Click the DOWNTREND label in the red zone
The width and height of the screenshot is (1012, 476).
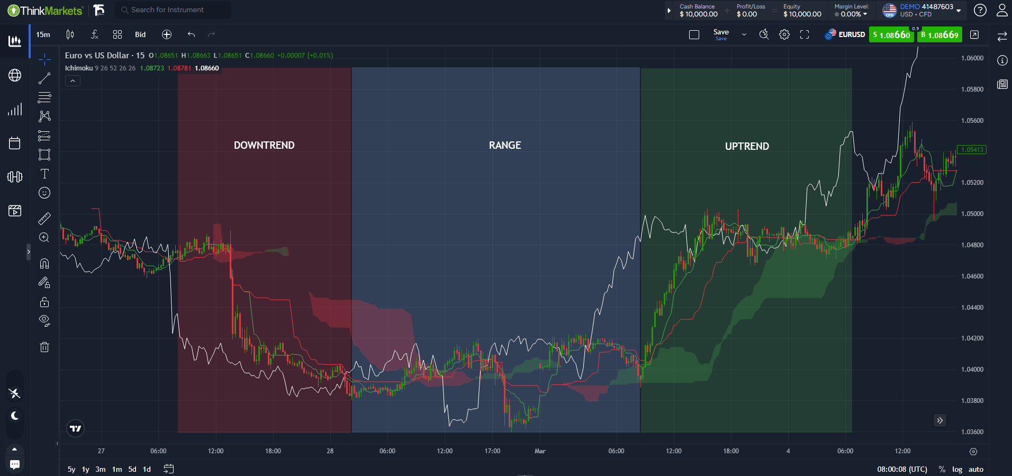(x=264, y=145)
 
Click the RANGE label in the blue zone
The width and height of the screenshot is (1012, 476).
(x=505, y=145)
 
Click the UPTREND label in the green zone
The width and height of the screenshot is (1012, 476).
(x=747, y=146)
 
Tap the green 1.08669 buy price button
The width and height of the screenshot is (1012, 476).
(x=940, y=35)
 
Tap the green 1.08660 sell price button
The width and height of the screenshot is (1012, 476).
(x=891, y=35)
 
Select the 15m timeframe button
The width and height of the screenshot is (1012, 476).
(x=43, y=34)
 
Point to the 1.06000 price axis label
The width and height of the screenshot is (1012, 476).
(x=972, y=58)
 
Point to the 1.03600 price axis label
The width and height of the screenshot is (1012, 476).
(x=972, y=432)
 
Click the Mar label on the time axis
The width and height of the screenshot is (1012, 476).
(x=540, y=451)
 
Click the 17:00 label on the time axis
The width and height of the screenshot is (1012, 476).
(x=492, y=451)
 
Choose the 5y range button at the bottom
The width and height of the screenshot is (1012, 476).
(x=71, y=469)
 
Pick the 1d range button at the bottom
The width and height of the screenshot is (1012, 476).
(x=147, y=469)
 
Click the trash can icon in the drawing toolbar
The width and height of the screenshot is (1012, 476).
(x=44, y=347)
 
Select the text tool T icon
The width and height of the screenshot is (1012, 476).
(x=44, y=174)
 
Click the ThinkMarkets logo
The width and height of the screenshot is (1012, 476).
(x=46, y=10)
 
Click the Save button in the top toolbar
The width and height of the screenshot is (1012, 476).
(x=721, y=34)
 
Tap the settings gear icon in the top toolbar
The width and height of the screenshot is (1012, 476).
(x=784, y=34)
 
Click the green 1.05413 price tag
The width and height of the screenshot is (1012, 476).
(x=972, y=150)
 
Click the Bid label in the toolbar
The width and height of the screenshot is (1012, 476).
(x=140, y=34)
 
